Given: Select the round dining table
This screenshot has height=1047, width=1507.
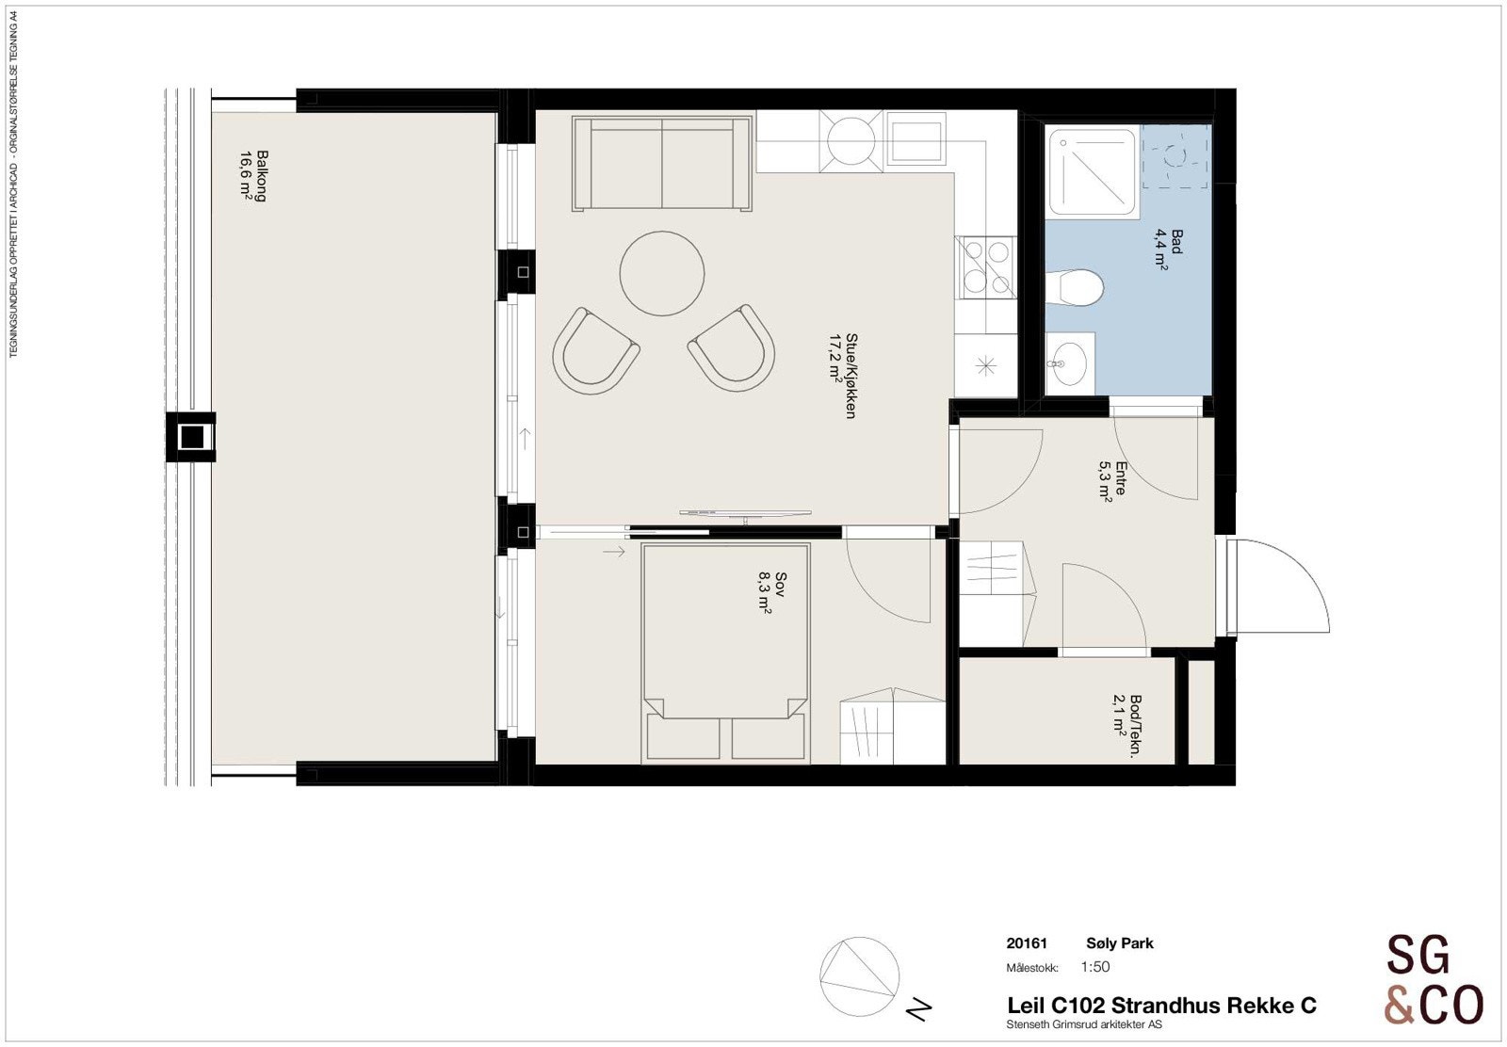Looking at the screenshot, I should tap(662, 273).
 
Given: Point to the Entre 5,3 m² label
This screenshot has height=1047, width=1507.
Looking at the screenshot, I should tap(1113, 481).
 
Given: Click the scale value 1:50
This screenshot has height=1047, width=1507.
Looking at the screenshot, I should tap(1095, 967).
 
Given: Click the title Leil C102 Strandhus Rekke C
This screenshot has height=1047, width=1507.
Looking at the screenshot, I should tap(1160, 1006).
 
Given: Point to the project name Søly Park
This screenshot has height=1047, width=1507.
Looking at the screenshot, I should tap(1119, 943).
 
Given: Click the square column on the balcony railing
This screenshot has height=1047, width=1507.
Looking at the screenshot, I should tap(191, 437).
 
